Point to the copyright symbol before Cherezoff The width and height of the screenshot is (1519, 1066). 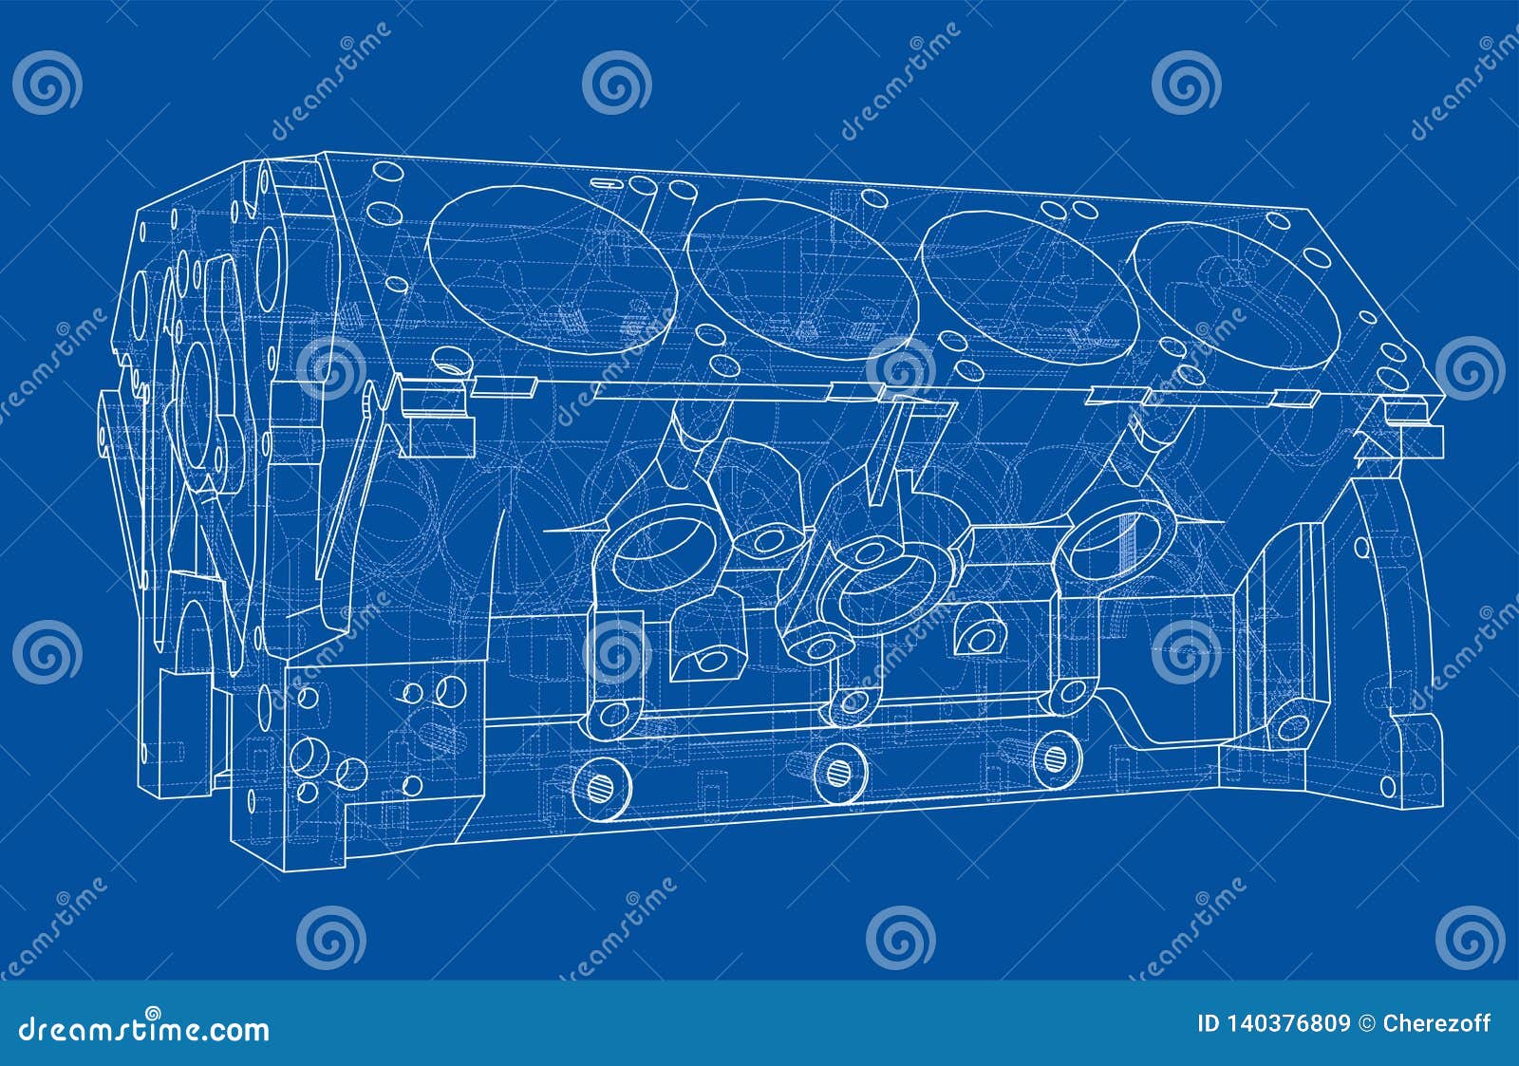click(1368, 1023)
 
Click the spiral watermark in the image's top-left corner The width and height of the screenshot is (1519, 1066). click(47, 84)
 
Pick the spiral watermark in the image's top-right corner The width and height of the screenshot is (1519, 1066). click(1471, 84)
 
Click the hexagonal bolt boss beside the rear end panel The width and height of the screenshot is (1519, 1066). click(1290, 726)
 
